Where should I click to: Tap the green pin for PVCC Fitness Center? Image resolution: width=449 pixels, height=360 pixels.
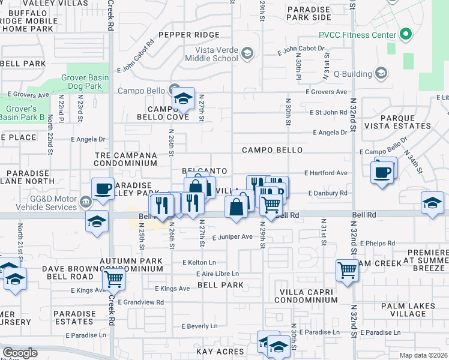tap(405, 34)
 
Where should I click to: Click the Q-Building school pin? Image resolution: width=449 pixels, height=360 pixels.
tap(380, 73)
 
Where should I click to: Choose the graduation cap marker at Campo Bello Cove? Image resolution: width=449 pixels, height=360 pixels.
tap(183, 99)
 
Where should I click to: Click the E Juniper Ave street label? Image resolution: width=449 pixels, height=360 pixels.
tap(232, 237)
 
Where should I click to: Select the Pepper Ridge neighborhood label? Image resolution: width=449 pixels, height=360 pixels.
tap(190, 35)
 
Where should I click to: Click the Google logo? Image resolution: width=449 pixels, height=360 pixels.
tap(20, 353)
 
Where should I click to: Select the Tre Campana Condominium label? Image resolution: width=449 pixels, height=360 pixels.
tap(125, 159)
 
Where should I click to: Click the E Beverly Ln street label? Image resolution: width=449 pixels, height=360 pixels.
tap(199, 326)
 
